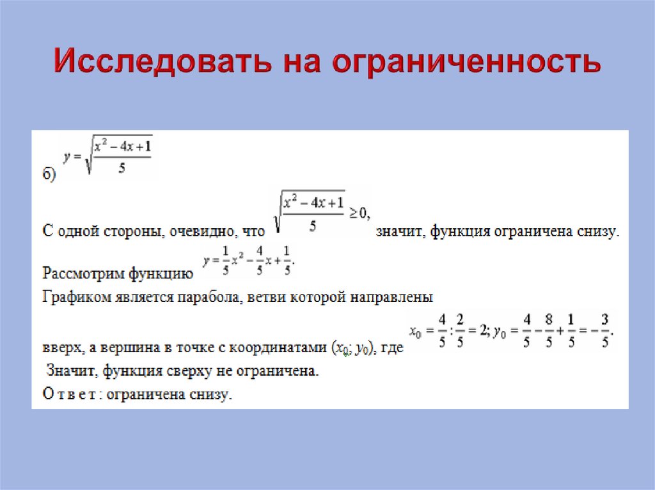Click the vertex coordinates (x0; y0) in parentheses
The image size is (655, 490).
352,349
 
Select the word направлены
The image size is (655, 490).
397,297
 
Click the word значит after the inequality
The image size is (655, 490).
400,231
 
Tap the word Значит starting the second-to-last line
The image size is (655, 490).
72,371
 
